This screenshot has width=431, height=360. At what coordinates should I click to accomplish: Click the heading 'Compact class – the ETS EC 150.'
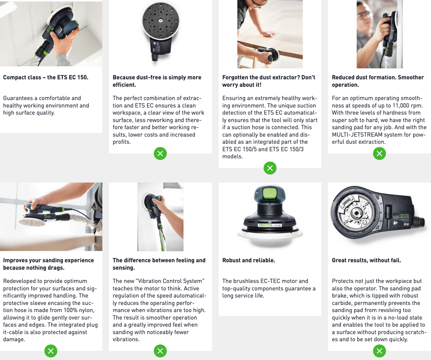45,77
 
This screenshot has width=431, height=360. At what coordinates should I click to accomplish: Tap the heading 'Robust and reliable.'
249,260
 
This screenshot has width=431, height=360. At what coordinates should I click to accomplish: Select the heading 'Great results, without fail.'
366,260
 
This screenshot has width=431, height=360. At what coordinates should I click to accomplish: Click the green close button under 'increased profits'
160,153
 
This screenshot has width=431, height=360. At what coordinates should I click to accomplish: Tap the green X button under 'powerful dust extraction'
380,153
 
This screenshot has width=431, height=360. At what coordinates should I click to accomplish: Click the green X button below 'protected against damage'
51,351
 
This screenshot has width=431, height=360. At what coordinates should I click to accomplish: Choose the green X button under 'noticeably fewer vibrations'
160,351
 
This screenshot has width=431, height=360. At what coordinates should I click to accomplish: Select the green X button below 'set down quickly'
380,351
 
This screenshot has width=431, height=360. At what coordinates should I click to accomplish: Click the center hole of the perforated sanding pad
160,21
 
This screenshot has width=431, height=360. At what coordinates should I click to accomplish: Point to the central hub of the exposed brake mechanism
356,214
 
